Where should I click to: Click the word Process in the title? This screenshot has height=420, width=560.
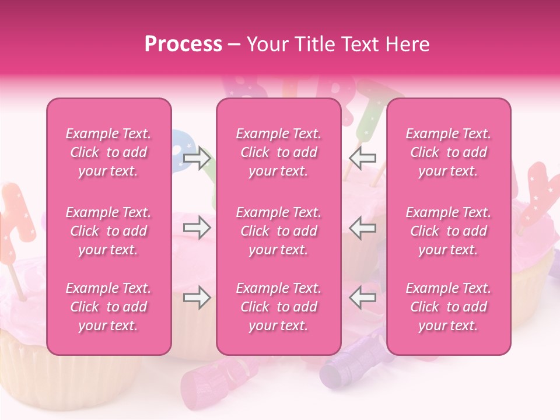click(183, 44)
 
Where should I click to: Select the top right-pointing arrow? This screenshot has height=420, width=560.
click(197, 157)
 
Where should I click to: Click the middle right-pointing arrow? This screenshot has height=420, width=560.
click(197, 227)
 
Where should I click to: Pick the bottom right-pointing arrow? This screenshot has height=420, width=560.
click(197, 298)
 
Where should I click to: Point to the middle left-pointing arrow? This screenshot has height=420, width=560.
click(362, 227)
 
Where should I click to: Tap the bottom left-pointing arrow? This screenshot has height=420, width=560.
click(362, 298)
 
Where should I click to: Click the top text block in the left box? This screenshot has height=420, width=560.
click(108, 152)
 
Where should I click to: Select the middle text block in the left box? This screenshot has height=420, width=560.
click(108, 231)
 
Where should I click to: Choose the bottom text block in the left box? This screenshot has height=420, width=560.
click(108, 307)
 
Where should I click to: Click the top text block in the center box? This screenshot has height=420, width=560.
click(278, 152)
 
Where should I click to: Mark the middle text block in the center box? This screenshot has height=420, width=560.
click(278, 231)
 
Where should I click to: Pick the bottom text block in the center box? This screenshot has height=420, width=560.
click(278, 307)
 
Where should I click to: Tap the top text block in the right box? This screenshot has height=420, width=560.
click(448, 152)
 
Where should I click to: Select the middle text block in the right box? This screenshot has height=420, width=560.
click(448, 231)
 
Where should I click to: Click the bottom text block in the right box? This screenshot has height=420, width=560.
click(448, 307)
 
